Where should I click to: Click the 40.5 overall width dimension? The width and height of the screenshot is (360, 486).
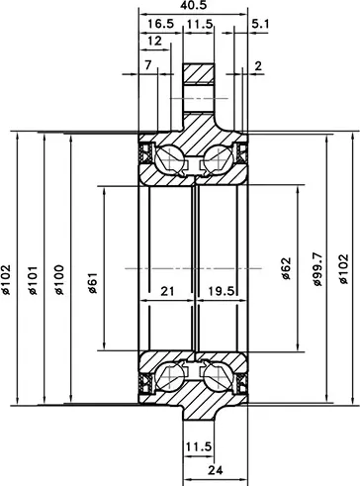193,5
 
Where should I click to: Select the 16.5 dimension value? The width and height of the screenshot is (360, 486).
160,24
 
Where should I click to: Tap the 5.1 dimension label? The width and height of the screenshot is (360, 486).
260,24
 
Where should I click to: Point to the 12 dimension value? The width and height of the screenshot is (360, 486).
154,41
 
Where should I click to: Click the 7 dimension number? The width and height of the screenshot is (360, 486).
148,65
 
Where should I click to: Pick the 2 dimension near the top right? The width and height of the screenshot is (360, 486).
258,66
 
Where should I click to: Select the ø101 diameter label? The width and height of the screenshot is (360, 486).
33,280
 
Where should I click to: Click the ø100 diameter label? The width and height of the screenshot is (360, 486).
59,280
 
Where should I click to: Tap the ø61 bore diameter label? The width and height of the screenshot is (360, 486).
92,283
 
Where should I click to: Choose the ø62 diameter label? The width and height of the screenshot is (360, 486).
286,268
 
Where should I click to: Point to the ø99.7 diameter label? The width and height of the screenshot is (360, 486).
316,269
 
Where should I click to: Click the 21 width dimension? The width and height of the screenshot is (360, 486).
167,291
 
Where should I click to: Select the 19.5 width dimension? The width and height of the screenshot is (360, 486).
222,291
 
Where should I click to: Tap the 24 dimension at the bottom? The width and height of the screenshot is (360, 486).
216,470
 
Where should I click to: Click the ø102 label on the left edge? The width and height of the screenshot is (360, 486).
6,280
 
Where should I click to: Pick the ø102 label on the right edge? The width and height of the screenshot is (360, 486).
343,268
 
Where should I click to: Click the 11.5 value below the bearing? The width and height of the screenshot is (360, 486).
198,446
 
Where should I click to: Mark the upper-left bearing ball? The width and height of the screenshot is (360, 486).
169,159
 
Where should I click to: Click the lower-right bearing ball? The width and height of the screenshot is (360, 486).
218,377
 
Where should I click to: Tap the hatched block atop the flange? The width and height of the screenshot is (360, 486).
199,73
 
